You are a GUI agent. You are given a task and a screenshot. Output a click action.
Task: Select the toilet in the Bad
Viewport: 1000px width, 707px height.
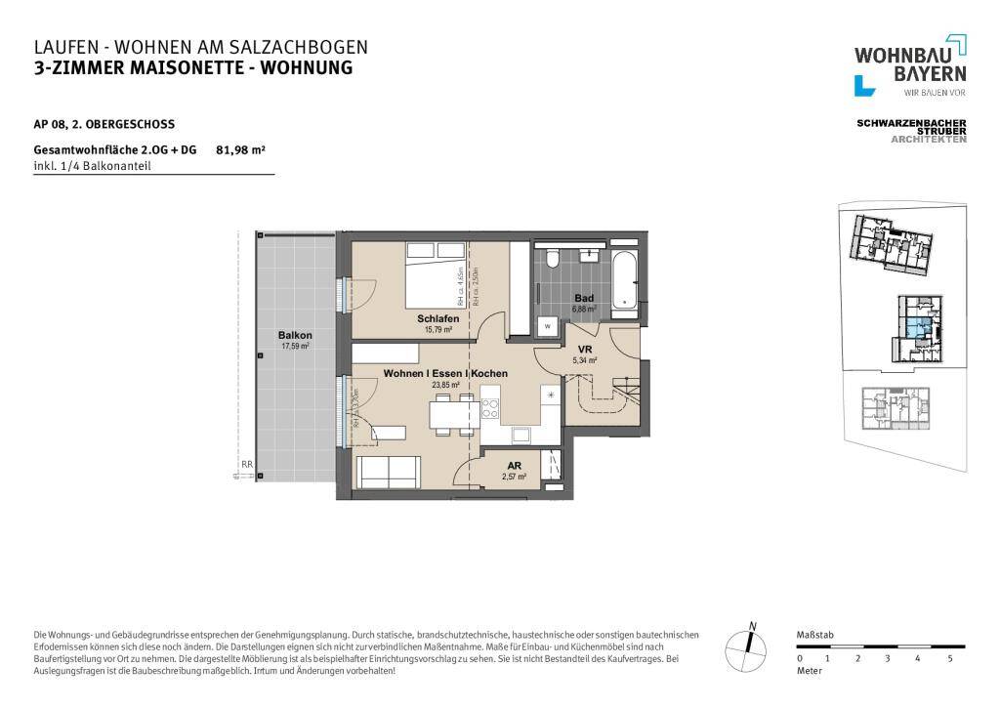[553, 261]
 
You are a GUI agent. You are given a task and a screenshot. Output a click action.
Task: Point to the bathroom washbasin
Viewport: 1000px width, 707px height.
[590, 257]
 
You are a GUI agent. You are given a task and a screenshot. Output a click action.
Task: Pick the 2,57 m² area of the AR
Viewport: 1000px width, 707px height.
[514, 477]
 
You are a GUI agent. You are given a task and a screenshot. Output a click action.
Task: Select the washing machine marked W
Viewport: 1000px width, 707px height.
[548, 325]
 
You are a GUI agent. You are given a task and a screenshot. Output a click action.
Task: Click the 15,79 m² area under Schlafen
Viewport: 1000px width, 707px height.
[437, 330]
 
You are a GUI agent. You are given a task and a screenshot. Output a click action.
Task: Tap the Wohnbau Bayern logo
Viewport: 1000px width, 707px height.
[910, 64]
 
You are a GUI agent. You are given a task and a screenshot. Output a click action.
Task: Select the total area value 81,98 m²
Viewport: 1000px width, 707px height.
[240, 150]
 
